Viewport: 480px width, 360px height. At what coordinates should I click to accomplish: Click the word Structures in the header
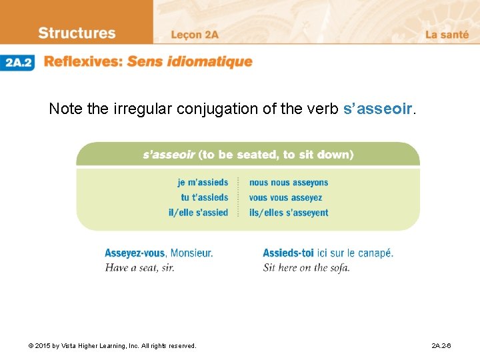tap(77, 33)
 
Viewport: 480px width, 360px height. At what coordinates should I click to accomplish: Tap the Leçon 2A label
tap(195, 35)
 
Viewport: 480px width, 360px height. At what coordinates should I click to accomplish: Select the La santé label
tap(447, 35)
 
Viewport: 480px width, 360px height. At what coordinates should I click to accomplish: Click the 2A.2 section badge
tap(18, 63)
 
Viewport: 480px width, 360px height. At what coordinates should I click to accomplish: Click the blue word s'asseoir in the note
tap(379, 109)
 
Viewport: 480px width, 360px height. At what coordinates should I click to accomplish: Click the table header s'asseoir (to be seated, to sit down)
tap(248, 155)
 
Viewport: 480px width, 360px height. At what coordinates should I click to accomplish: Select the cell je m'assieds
tap(203, 183)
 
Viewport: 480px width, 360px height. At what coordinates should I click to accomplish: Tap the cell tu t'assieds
tap(204, 197)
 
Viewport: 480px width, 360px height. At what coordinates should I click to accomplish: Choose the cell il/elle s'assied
tap(198, 213)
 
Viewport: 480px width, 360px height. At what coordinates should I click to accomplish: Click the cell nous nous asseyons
tap(289, 183)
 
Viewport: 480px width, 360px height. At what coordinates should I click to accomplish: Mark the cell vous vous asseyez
tap(285, 197)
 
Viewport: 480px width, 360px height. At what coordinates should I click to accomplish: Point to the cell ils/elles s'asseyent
tap(289, 213)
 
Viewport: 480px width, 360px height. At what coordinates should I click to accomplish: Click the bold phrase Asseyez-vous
tap(135, 253)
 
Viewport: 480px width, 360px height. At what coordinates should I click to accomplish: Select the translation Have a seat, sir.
tap(139, 267)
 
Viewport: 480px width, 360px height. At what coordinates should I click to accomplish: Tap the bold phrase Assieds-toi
tap(289, 253)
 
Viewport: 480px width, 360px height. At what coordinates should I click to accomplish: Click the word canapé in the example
tap(376, 253)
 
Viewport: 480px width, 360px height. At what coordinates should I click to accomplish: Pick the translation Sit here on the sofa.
tap(306, 267)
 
